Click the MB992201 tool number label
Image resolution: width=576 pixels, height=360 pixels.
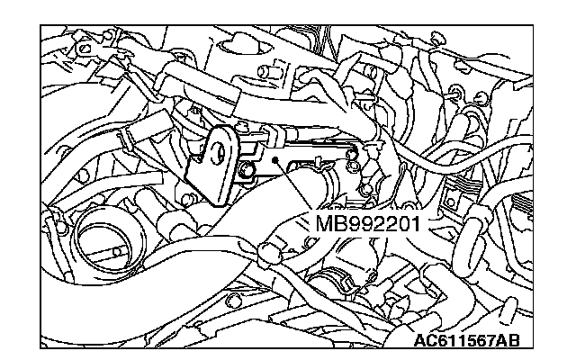pyautogui.click(x=367, y=223)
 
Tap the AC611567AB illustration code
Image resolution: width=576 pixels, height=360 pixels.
pyautogui.click(x=467, y=340)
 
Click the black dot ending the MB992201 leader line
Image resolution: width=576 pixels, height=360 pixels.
pyautogui.click(x=274, y=160)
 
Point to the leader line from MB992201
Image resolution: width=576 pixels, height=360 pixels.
pyautogui.click(x=293, y=186)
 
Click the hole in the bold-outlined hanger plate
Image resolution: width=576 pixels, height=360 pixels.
pyautogui.click(x=220, y=151)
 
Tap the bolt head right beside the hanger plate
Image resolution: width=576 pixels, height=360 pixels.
pyautogui.click(x=247, y=170)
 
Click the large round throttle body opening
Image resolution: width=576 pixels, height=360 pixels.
pyautogui.click(x=106, y=241)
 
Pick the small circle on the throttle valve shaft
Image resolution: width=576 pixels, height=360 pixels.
pyautogui.click(x=117, y=252)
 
